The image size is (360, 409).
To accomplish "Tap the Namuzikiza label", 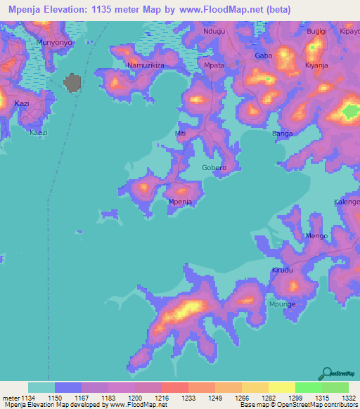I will pos(145,65).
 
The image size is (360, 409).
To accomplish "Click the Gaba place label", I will pos(263,56).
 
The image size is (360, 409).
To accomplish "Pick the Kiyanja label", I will pos(316,65).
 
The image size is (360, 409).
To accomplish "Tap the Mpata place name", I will pos(213,66).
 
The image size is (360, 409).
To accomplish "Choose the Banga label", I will pos(282,134).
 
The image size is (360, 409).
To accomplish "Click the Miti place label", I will pos(181,133).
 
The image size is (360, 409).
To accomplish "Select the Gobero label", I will pos(214,169).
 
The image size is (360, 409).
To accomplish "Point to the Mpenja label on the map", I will pos(180,202).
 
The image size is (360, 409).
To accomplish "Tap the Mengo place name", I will pos(316,236).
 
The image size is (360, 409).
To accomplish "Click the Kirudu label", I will pos(282,270).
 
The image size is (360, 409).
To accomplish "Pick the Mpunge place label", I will pos(283,304).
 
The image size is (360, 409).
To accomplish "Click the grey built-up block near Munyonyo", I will pos(72,83).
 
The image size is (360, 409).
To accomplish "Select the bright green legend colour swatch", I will pos(308,387).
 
